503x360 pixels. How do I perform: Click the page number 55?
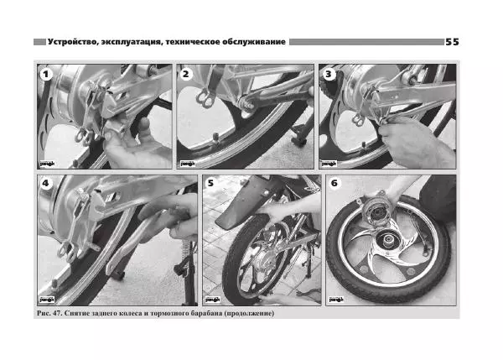click(452, 42)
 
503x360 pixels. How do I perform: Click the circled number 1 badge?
click(46, 75)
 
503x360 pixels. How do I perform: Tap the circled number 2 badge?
click(185, 74)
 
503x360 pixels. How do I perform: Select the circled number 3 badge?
click(328, 74)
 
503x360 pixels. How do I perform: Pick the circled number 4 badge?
click(45, 183)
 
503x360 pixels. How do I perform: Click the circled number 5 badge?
click(210, 183)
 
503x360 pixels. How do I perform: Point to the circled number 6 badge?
click(334, 183)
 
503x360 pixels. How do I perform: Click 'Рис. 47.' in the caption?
click(49, 313)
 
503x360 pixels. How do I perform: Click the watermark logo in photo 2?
click(188, 164)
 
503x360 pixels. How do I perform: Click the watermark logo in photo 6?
click(336, 300)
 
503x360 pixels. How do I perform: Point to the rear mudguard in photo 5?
click(247, 206)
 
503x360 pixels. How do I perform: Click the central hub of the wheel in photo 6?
click(386, 239)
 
